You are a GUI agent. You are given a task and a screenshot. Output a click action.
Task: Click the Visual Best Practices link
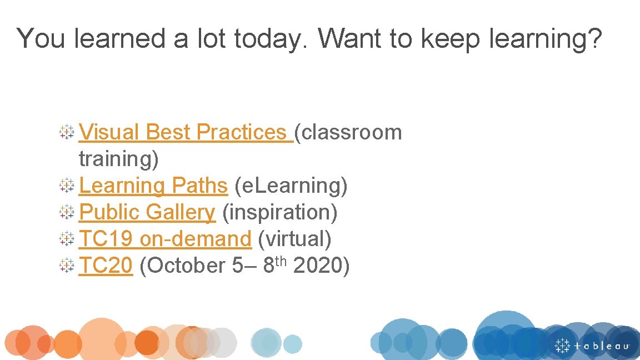pos(186,132)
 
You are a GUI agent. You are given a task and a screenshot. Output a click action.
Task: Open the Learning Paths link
pos(153,186)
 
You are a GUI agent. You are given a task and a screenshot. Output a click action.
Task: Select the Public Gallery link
pos(147,212)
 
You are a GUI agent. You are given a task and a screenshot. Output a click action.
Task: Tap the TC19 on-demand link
pos(165,239)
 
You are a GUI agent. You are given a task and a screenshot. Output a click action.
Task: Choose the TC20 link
pos(106,266)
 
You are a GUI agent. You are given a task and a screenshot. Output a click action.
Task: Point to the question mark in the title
pos(594,39)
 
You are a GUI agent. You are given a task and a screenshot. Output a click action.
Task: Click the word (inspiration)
pos(279,212)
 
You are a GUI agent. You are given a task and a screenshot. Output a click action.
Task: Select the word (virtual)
pos(295,239)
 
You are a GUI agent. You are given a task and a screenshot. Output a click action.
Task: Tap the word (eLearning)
pos(292,186)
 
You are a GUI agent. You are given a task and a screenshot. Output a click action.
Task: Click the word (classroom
pos(348,132)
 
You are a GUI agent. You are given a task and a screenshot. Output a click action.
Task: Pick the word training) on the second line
pos(119,159)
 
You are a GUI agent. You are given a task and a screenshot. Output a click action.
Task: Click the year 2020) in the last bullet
pos(321,266)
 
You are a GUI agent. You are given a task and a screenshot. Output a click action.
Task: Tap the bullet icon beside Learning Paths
pos(67,186)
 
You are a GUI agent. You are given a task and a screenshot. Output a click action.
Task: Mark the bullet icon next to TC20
pos(67,266)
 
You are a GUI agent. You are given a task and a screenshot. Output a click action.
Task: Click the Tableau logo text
pos(602,346)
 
